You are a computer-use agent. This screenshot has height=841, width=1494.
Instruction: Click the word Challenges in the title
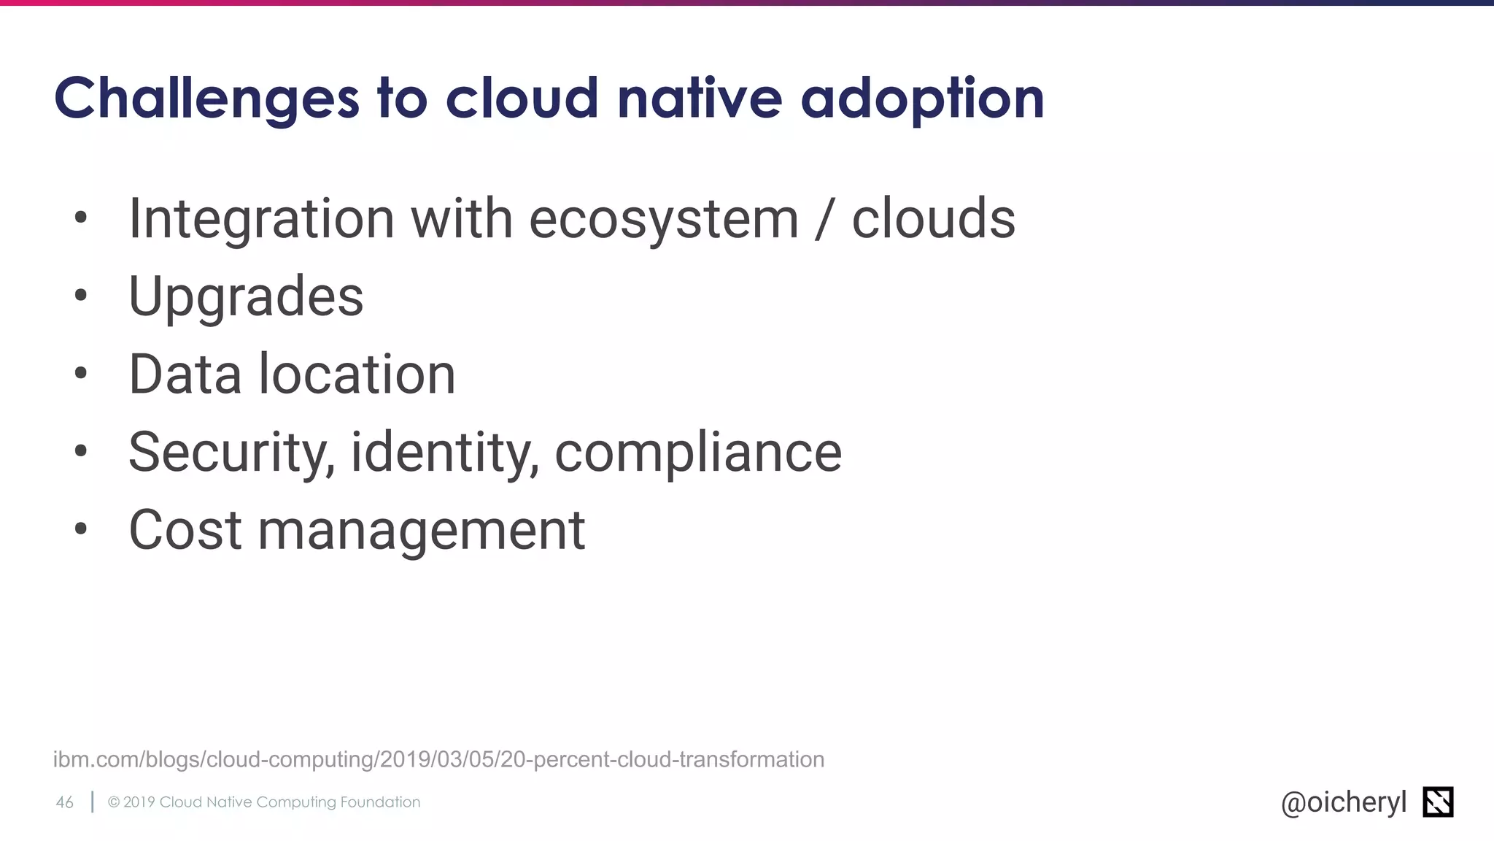coord(206,99)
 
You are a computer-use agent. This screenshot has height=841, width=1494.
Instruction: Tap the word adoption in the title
coord(922,99)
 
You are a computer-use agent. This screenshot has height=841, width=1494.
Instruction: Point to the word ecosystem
coord(664,220)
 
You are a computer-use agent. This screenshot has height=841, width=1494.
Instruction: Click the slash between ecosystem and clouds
coord(824,220)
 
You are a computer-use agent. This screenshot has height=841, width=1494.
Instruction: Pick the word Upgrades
coord(246,298)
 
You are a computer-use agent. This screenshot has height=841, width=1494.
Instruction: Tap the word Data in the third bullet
coord(185,375)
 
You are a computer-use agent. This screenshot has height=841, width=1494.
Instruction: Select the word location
coord(357,375)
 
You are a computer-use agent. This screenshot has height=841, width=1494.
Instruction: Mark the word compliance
coord(698,453)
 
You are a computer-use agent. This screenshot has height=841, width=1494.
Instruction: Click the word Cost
coord(185,530)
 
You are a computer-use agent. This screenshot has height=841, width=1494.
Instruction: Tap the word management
coord(422,531)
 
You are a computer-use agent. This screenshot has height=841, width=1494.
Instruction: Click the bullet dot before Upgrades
coord(80,296)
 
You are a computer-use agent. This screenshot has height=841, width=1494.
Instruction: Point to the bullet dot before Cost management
coord(80,529)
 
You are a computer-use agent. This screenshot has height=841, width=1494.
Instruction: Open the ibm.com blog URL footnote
coord(438,759)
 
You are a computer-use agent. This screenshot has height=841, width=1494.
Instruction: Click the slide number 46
coord(65,802)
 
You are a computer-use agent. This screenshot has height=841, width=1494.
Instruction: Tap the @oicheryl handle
coord(1343,802)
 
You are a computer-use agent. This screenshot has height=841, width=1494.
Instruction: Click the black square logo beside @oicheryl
coord(1438,802)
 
